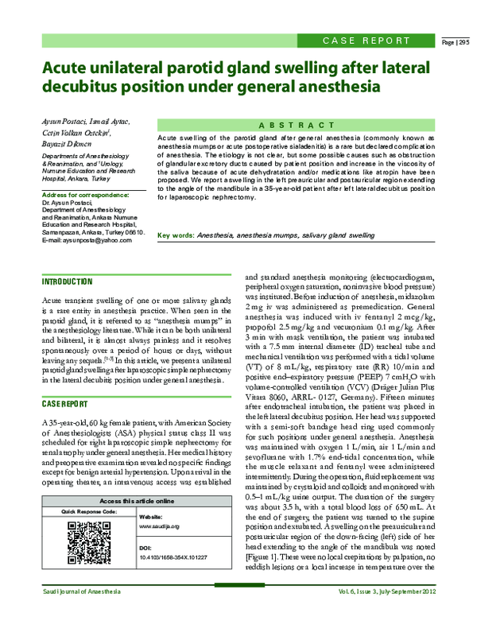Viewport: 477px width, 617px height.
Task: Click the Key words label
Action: [176, 236]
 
